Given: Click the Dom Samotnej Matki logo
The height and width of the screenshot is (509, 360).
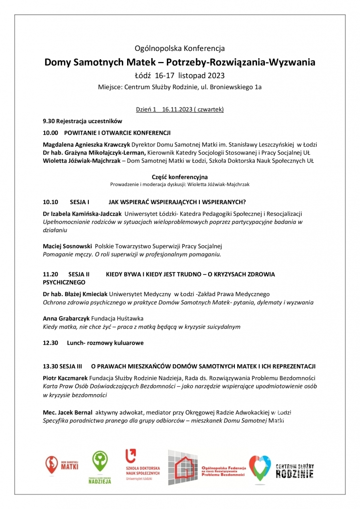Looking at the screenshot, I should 62,463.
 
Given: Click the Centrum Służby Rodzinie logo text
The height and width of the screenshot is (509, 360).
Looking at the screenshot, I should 294,470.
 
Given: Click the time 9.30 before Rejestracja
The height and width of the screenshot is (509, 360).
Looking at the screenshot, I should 48,120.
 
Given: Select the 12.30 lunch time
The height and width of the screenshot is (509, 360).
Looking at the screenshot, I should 50,343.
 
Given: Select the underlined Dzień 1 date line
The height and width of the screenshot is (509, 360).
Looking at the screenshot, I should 180,110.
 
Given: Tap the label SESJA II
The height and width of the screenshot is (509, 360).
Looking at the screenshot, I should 79,274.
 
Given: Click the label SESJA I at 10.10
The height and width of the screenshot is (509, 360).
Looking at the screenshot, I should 78,201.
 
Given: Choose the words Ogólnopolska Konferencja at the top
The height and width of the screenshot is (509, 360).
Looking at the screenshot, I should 180,48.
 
